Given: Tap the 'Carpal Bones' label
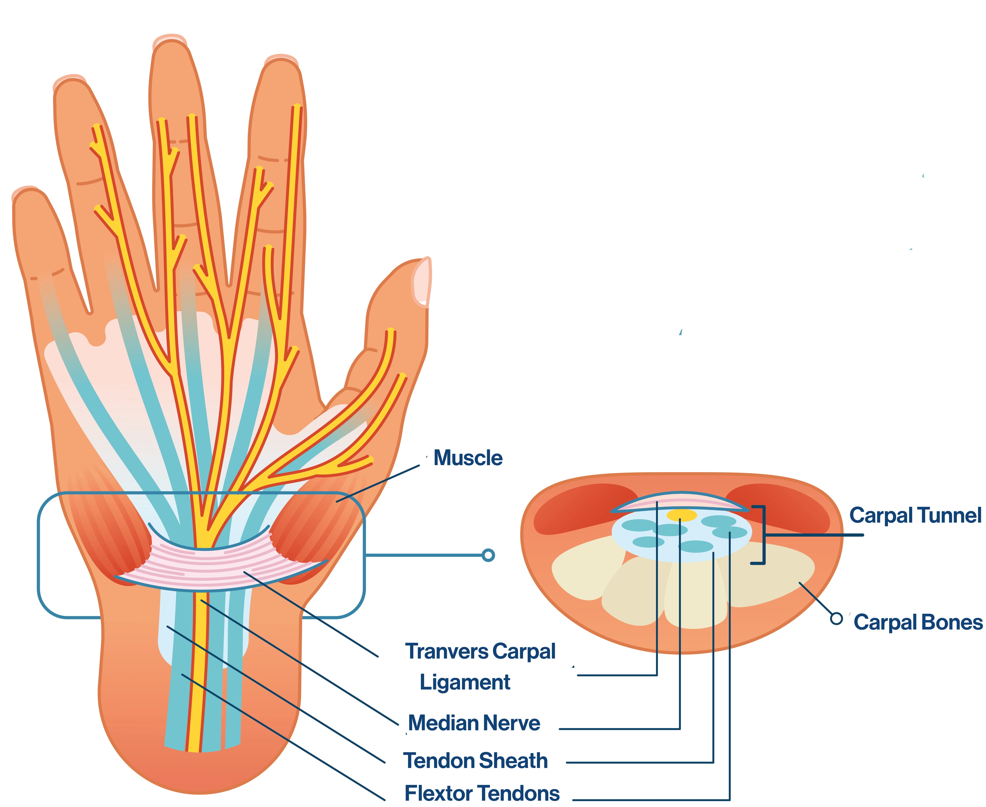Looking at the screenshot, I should [918, 622].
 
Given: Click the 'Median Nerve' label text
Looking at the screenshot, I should [474, 723].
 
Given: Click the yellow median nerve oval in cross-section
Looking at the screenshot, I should [682, 515].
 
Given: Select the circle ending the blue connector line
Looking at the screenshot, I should [488, 555].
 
